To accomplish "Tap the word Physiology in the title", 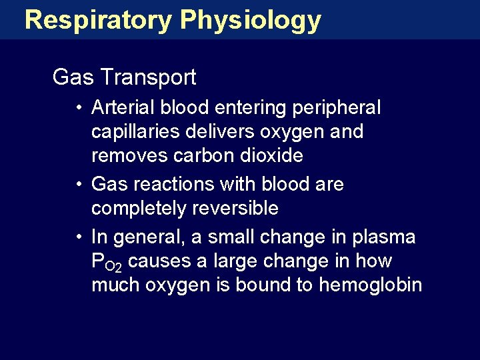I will tap(251, 20).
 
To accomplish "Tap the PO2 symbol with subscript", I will tap(106, 262).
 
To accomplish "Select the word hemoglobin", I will tap(371, 285).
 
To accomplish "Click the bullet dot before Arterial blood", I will tap(79, 108).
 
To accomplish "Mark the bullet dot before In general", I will tap(79, 237).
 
